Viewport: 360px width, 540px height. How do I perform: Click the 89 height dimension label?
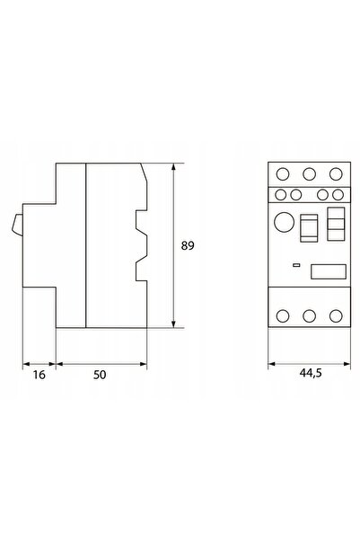tap(188, 246)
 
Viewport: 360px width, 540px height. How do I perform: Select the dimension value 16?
tap(39, 375)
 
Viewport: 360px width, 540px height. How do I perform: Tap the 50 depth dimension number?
tap(100, 375)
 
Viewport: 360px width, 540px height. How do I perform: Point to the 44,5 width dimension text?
tap(311, 373)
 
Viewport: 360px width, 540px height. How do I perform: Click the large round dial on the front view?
tap(285, 222)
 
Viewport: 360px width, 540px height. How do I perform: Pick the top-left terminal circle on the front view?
tap(283, 174)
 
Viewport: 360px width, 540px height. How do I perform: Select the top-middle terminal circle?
tap(309, 174)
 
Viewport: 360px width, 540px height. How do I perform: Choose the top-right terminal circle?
tap(336, 174)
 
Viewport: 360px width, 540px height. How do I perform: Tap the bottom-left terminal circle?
tap(283, 315)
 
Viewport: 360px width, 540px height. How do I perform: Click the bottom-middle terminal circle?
tap(309, 315)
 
